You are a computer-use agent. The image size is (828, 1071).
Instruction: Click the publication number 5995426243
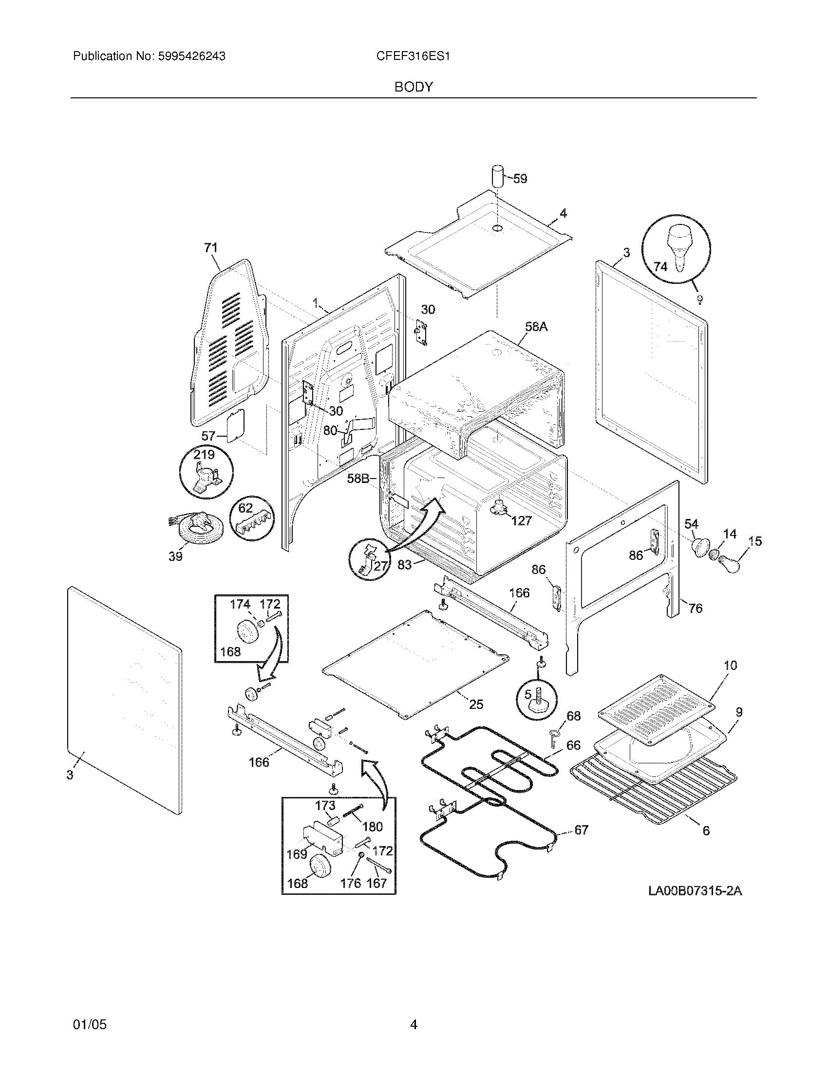click(x=191, y=56)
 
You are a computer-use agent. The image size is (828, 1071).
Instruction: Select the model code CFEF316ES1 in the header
click(x=413, y=56)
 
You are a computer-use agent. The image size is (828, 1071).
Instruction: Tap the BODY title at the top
click(x=414, y=87)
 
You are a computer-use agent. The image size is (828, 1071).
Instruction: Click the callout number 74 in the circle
click(x=660, y=267)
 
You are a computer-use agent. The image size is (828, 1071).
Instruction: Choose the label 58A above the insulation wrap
click(x=536, y=326)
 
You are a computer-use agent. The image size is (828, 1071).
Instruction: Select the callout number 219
click(x=204, y=455)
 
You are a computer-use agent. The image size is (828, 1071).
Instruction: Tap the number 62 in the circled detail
click(x=245, y=508)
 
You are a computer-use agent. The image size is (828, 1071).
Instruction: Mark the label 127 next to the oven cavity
click(x=522, y=521)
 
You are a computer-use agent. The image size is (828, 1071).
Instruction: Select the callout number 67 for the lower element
click(x=581, y=830)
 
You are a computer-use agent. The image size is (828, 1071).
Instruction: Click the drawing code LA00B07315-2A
click(x=695, y=891)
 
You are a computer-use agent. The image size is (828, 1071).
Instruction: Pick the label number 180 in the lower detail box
click(x=372, y=827)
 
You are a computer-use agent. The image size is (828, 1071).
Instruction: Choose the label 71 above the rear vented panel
click(x=211, y=248)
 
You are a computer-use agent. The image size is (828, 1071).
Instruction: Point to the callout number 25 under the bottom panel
click(x=476, y=704)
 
